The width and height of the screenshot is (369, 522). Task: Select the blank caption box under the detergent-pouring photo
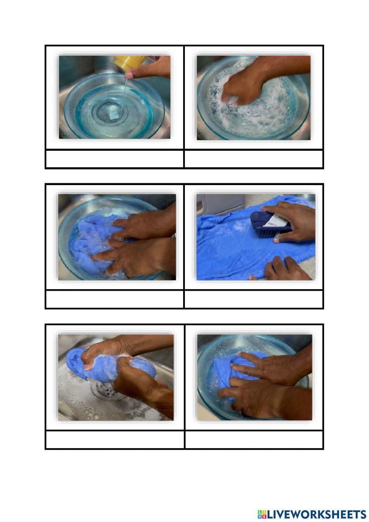tap(114, 159)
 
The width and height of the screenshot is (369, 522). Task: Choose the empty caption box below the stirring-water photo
tap(254, 159)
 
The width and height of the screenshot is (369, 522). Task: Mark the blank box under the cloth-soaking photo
tap(114, 299)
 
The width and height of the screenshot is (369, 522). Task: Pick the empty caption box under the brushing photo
tap(254, 299)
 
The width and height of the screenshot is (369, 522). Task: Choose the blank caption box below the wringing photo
tap(114, 439)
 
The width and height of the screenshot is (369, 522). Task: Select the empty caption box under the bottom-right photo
tap(254, 439)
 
